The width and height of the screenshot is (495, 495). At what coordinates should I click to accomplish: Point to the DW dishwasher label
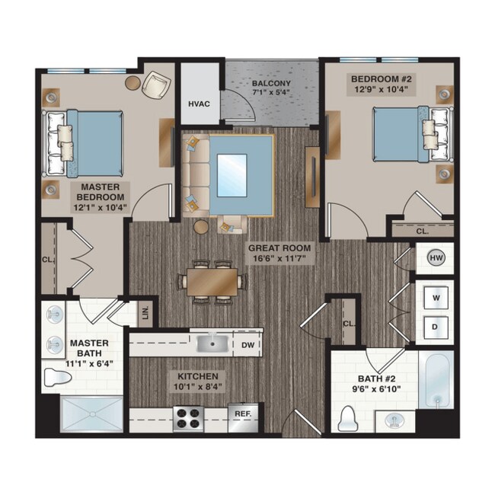click(248, 345)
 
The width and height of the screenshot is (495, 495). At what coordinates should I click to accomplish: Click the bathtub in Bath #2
click(436, 381)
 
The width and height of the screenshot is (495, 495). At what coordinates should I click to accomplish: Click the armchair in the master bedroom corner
click(158, 85)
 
